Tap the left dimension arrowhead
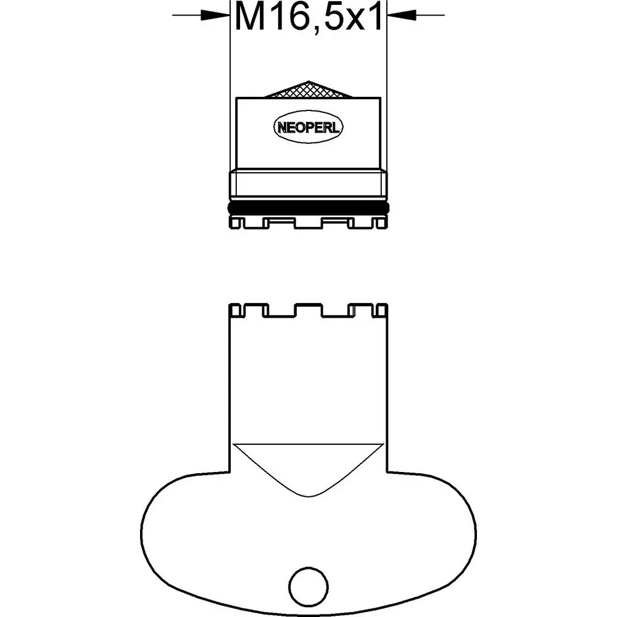point(215,16)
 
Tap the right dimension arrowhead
point(402,16)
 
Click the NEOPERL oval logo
point(308,127)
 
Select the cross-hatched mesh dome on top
point(308,89)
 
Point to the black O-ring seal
point(308,207)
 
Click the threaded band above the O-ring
point(308,184)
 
